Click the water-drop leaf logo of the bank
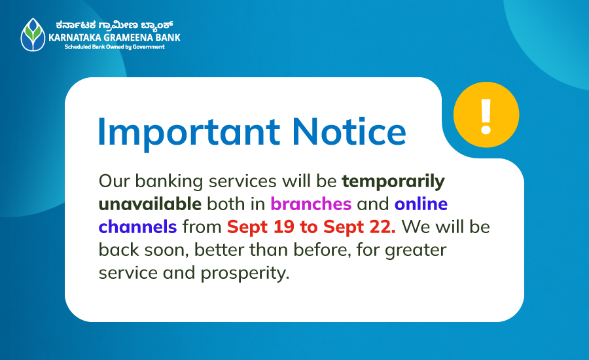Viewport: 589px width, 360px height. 33,35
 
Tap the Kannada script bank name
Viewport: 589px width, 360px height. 114,25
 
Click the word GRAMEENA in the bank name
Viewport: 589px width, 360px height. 128,37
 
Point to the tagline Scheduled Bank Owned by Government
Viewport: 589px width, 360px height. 115,47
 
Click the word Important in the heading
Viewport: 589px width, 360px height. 189,132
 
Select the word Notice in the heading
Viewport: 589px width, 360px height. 349,131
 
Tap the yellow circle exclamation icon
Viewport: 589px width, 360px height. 486,115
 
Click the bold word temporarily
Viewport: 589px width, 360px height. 393,182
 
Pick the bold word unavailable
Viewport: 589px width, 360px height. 150,204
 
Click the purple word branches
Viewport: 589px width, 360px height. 311,204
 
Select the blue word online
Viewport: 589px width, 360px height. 421,204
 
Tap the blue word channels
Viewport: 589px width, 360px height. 137,226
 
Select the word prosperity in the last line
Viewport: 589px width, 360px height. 245,274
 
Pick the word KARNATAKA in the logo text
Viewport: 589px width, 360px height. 75,37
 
